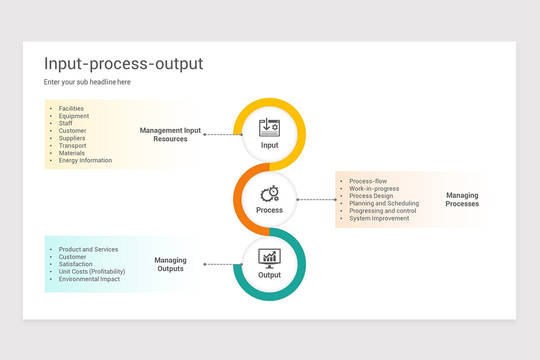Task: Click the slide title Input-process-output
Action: (123, 64)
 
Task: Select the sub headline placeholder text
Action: (87, 82)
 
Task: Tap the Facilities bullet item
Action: (71, 108)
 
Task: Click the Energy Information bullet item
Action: (85, 160)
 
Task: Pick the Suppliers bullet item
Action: (72, 138)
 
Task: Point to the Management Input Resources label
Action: (170, 135)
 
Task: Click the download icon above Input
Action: (269, 127)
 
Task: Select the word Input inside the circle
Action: (270, 145)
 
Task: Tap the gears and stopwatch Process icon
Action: (270, 194)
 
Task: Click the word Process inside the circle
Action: (269, 210)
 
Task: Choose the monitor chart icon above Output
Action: (269, 258)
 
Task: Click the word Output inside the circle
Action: (269, 275)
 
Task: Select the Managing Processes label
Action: (462, 199)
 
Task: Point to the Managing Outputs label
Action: (170, 264)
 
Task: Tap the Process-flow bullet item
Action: (368, 181)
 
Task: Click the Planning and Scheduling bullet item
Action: (384, 203)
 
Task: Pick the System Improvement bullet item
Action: (379, 218)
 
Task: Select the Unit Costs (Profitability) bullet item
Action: (92, 271)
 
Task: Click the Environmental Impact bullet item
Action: (89, 279)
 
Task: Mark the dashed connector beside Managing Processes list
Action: (316, 199)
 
